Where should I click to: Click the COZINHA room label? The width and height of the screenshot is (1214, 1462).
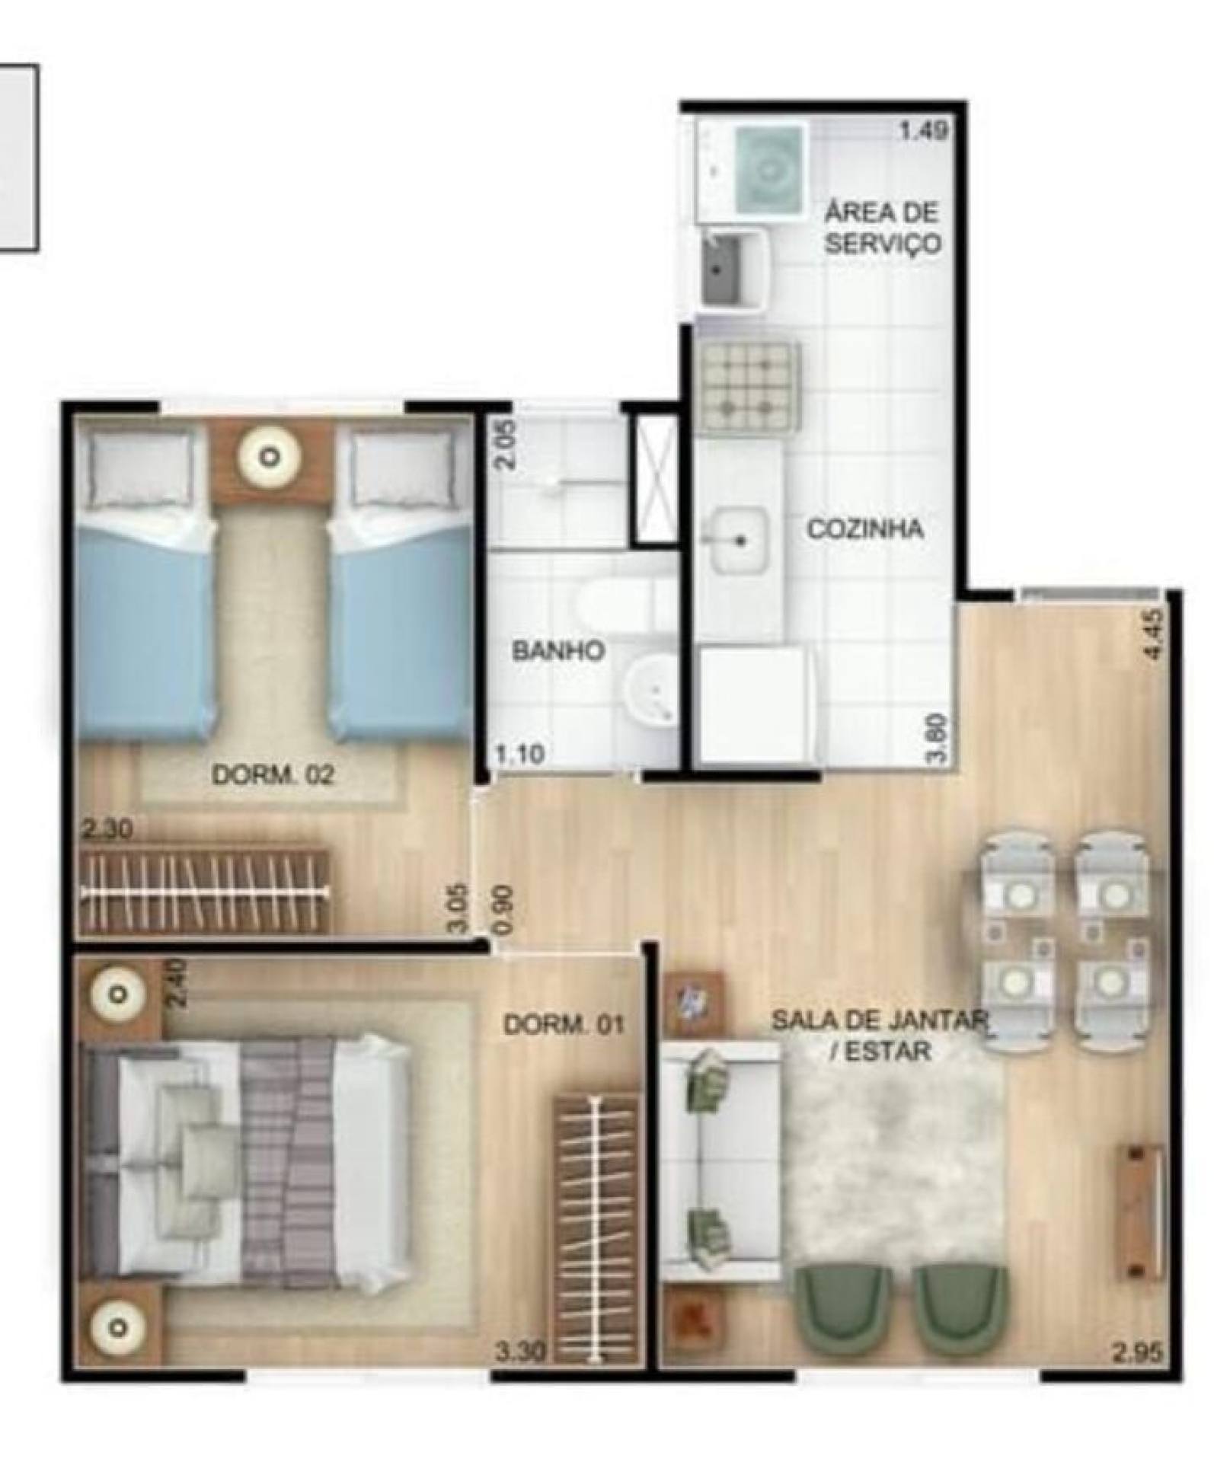click(x=864, y=528)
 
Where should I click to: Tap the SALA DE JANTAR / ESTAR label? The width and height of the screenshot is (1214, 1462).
click(x=880, y=1035)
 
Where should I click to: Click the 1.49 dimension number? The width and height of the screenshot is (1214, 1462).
click(x=924, y=132)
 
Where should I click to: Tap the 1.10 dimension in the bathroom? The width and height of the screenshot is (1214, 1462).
click(x=519, y=753)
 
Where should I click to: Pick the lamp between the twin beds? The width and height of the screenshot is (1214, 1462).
click(x=270, y=458)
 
